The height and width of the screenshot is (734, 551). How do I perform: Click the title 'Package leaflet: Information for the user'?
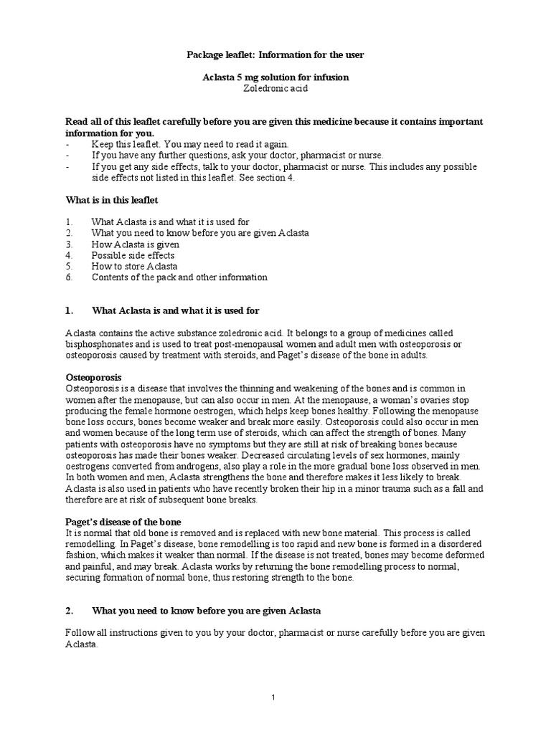point(275,54)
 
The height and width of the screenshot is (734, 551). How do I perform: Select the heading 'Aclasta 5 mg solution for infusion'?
point(275,77)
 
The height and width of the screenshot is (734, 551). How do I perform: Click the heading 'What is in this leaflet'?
point(112,199)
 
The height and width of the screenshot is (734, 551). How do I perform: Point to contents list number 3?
point(68,244)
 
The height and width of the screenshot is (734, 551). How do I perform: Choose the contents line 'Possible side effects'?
point(133,254)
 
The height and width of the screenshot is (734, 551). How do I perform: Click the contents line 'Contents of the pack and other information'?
point(179,277)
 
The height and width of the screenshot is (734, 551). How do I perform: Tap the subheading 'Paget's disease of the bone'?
point(123,521)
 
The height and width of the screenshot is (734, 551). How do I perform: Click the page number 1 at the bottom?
point(274,697)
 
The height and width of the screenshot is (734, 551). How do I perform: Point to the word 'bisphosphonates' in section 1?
point(99,344)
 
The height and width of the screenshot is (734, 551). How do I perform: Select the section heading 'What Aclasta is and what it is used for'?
point(176,310)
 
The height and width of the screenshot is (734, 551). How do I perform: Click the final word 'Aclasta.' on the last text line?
point(81,644)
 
